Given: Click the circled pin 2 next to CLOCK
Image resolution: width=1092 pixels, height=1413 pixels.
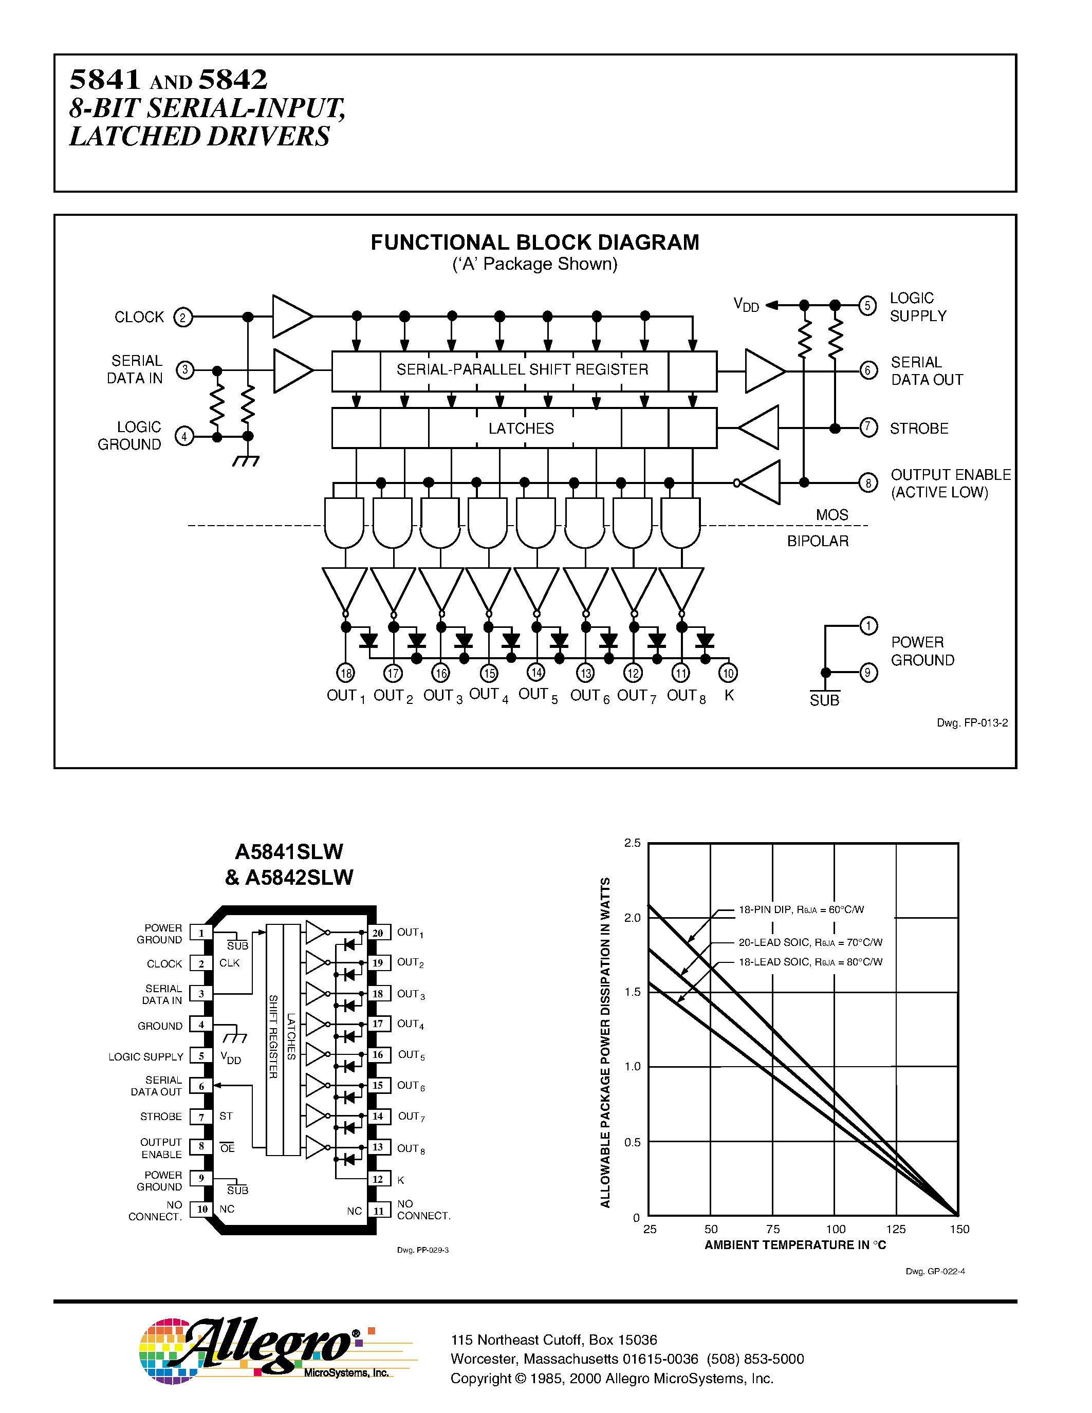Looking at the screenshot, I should (183, 318).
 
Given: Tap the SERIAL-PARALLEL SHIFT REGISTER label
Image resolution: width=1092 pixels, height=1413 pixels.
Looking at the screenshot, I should (522, 369).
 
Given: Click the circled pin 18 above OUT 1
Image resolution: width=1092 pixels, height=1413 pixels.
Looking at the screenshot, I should (346, 673).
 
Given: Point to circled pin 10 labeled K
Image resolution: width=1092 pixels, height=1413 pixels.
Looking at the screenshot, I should (729, 673).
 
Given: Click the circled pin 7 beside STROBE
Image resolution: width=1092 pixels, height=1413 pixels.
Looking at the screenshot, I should (868, 427).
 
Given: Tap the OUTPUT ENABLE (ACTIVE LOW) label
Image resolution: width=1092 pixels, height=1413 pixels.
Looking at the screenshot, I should (950, 484).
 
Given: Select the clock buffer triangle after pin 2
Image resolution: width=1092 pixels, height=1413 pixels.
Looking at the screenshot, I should (291, 317).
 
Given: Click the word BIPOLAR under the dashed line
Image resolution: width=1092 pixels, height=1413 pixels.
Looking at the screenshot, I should (818, 541).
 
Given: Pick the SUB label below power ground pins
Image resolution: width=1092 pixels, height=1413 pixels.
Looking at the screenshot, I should (824, 700).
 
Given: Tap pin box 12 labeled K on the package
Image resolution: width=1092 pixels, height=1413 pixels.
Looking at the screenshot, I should (378, 1179).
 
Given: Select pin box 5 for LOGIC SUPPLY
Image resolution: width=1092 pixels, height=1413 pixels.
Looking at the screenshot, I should (201, 1056).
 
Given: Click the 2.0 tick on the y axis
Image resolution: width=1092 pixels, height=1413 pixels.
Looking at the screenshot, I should (632, 917).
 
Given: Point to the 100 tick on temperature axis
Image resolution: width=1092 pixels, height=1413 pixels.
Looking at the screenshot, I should (835, 1229).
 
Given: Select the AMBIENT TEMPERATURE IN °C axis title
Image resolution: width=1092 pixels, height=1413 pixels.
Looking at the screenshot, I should (795, 1245).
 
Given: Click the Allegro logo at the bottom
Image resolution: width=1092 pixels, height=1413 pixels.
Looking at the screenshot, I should (259, 1350).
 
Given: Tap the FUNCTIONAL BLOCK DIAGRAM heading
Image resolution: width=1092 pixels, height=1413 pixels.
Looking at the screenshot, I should (534, 242).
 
